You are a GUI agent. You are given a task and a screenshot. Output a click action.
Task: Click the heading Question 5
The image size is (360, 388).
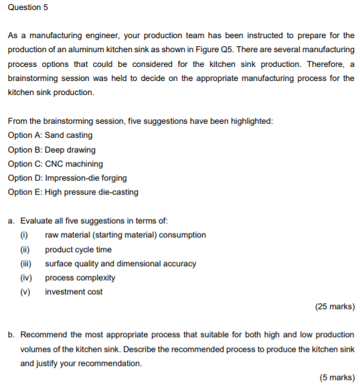pyautogui.click(x=28, y=7)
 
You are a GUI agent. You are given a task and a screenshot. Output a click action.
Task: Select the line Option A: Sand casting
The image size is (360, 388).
pyautogui.click(x=50, y=135)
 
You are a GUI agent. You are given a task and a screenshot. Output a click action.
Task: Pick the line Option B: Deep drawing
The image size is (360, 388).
pyautogui.click(x=52, y=149)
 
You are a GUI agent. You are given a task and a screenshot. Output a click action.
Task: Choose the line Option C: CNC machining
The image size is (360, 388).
pyautogui.click(x=56, y=163)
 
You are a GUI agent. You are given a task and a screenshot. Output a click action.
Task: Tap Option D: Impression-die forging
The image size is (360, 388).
pyautogui.click(x=68, y=178)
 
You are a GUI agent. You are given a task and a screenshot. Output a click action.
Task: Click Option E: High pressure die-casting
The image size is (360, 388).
pyautogui.click(x=74, y=192)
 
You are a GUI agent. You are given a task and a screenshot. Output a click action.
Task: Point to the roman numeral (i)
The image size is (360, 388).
pyautogui.click(x=26, y=235)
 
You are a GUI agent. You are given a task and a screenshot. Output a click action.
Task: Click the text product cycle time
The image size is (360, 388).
pyautogui.click(x=78, y=249)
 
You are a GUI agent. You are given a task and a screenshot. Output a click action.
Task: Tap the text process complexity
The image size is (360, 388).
pyautogui.click(x=80, y=278)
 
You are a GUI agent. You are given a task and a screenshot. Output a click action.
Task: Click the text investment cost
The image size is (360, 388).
pyautogui.click(x=74, y=292)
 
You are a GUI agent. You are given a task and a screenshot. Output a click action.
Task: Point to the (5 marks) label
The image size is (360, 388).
pyautogui.click(x=336, y=377)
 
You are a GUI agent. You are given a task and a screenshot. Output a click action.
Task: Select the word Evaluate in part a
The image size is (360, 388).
pyautogui.click(x=37, y=221)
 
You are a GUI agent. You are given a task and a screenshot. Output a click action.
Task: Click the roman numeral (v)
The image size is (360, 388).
pyautogui.click(x=26, y=292)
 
